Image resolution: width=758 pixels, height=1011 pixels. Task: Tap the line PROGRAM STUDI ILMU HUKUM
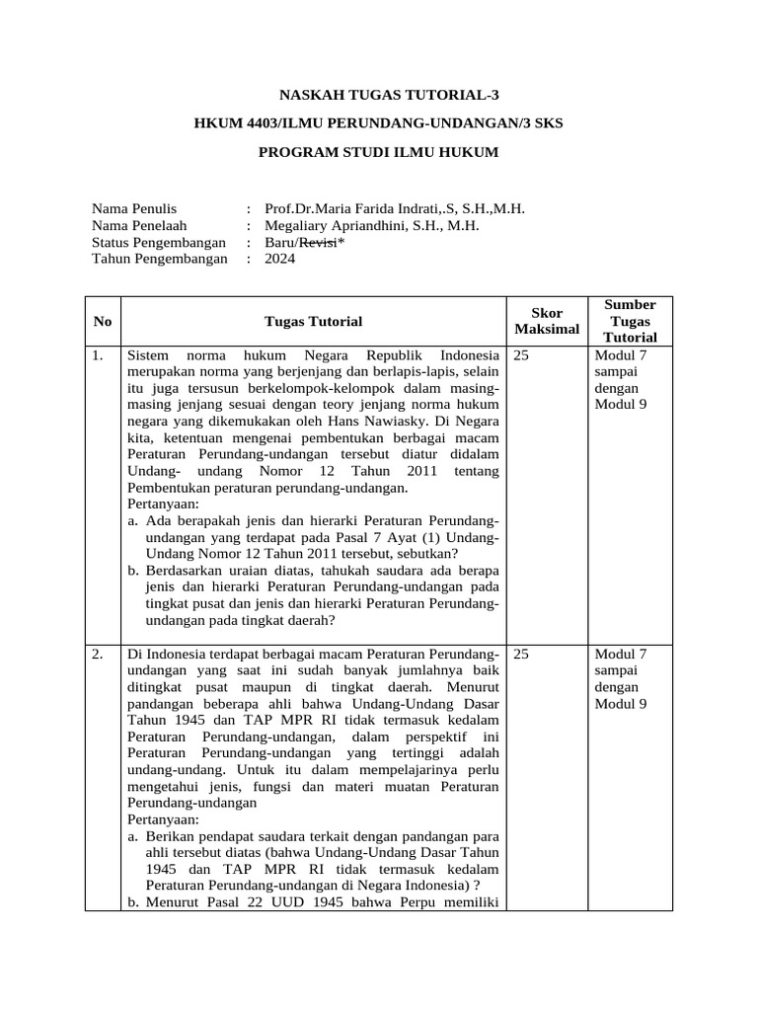(x=379, y=152)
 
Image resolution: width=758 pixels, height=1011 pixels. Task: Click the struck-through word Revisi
(x=318, y=242)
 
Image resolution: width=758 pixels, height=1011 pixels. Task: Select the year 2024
(x=279, y=259)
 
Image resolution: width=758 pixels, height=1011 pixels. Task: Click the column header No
(x=103, y=321)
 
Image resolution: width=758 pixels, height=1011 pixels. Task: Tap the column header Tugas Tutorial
(x=313, y=321)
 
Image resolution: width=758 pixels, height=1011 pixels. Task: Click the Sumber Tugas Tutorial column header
(x=631, y=321)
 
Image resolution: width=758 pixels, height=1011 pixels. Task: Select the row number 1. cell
(x=99, y=354)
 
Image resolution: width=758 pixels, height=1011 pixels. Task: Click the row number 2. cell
(x=99, y=654)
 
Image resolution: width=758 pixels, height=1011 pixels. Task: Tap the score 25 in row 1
(x=522, y=354)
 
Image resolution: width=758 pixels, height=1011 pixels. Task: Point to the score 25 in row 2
(x=522, y=654)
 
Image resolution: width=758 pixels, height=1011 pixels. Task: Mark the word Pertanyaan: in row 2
(x=164, y=819)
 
